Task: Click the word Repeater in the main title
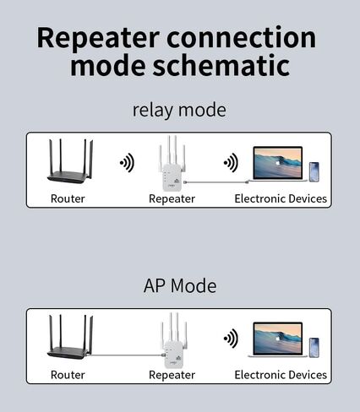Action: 98,38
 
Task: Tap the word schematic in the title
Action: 221,65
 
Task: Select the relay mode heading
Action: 179,111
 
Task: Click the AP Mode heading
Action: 180,286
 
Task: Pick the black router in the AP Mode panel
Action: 70,337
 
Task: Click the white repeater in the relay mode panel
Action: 172,164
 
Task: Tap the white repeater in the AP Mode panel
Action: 174,340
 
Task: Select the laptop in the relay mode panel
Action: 278,164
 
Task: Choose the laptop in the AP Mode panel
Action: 278,339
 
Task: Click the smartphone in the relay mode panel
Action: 314,172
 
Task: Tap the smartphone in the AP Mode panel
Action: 314,348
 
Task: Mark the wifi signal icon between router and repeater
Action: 127,163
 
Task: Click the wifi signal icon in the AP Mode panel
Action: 231,339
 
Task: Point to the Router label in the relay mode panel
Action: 68,198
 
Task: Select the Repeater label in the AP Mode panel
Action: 172,375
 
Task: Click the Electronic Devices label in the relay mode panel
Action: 281,198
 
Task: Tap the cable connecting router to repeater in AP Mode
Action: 126,355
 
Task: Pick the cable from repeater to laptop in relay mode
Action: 216,182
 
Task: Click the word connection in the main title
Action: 242,38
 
